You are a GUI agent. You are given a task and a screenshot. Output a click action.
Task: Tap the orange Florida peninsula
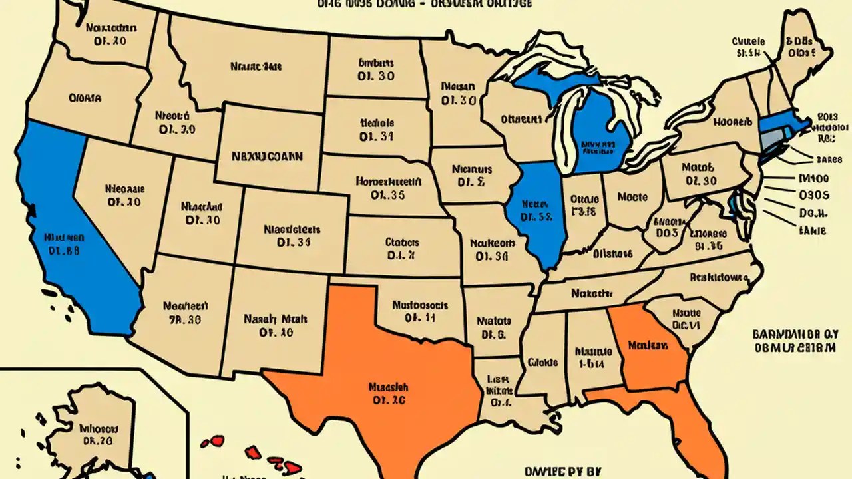coord(692,426)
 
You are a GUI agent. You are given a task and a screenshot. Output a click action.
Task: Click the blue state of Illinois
coord(536,213)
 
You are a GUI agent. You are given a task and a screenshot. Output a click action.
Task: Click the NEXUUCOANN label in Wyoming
coord(267,157)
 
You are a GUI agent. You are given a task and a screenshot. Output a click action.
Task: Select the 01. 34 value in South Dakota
coord(377,137)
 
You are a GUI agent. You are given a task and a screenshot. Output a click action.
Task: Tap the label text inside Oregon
coord(85,98)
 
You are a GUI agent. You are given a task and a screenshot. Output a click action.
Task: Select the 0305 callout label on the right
coord(813,195)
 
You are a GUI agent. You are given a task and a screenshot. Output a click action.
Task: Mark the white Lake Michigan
coord(566,126)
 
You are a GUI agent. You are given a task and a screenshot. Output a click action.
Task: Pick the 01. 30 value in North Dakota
coord(376,76)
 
